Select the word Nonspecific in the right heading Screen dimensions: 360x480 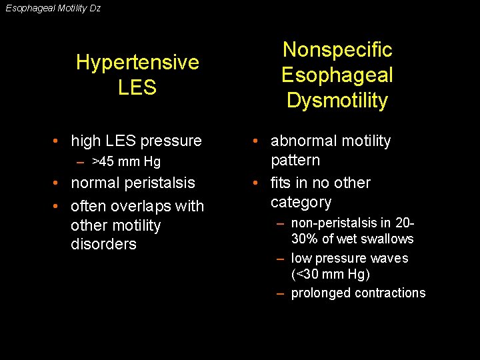[x=337, y=50]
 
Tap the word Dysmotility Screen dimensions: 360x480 [x=337, y=101]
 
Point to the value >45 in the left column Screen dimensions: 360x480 [x=103, y=161]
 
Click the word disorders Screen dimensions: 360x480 [x=103, y=244]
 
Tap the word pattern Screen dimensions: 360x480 [x=295, y=160]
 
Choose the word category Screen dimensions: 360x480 [x=301, y=202]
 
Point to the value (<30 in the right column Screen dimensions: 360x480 [x=306, y=274]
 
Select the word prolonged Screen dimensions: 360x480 [x=319, y=293]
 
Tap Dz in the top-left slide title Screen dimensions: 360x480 [x=95, y=9]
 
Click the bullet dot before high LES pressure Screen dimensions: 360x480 [x=59, y=141]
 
